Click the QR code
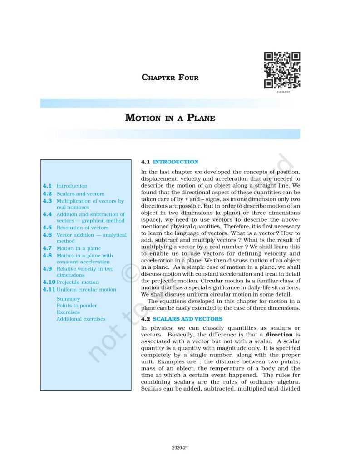tap(282, 70)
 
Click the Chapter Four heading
tap(170, 78)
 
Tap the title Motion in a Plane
tap(170, 118)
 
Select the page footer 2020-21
tap(180, 448)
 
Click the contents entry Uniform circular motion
tap(86, 290)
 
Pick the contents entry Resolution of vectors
tap(82, 228)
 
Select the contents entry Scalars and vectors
tap(80, 194)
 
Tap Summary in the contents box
tap(68, 299)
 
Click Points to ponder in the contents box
tap(77, 306)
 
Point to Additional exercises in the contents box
tap(81, 319)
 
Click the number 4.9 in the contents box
tap(47, 268)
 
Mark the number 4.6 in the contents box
tap(47, 235)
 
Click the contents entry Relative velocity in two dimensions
tap(85, 272)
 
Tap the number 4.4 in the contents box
tap(47, 214)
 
